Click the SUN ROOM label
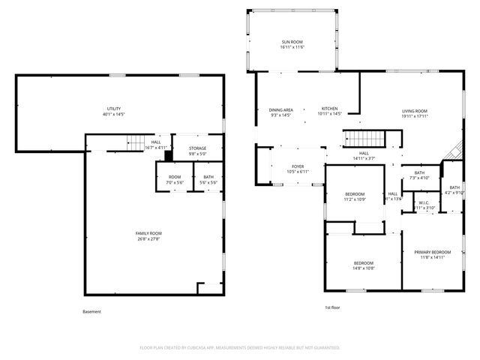coord(292,42)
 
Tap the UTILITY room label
coord(114,109)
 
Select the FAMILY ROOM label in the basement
coord(148,233)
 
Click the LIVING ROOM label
coord(413,111)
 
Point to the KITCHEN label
coord(329,109)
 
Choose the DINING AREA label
coord(281,110)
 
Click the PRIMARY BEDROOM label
coord(432,251)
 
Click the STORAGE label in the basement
coord(197,148)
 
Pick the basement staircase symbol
coord(135,142)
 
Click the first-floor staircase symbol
coord(363,139)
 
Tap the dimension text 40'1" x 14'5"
coord(114,115)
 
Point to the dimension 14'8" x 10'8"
coord(364,268)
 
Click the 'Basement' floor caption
coord(91,311)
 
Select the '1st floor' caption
coord(333,307)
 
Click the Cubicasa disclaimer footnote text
coord(240,348)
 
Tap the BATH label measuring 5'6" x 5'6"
coord(208,178)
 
